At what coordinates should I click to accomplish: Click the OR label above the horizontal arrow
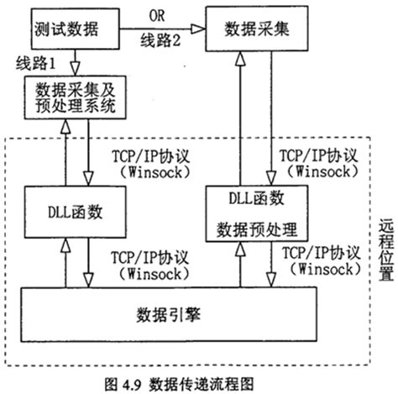(x=157, y=16)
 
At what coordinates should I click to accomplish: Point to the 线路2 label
(x=160, y=40)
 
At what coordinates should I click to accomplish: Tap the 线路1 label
(x=35, y=63)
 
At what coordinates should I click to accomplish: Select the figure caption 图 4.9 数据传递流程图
(x=179, y=384)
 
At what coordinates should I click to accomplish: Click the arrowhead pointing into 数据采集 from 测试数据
(x=198, y=29)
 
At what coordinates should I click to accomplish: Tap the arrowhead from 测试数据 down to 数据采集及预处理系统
(x=75, y=68)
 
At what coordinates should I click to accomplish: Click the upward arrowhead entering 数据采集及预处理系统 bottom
(x=65, y=127)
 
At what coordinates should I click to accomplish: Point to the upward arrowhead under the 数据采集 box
(x=240, y=59)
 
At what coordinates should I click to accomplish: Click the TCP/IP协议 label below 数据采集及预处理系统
(x=151, y=156)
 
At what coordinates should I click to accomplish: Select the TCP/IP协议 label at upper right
(x=319, y=155)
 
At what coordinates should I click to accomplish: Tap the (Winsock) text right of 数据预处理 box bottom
(x=325, y=269)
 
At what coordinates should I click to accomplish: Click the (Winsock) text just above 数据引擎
(x=154, y=274)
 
